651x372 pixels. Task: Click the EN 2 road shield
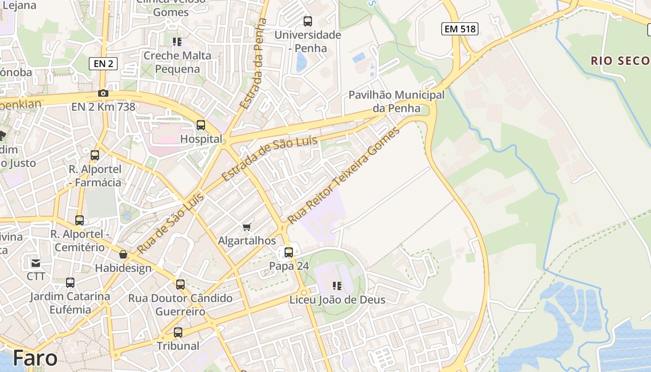tap(103, 64)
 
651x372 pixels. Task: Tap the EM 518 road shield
tap(459, 29)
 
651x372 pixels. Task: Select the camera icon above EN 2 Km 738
tap(103, 93)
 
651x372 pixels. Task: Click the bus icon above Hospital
tap(201, 125)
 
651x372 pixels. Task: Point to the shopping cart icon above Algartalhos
tap(247, 227)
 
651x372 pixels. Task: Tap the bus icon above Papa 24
tap(289, 252)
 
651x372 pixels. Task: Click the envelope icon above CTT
tap(36, 263)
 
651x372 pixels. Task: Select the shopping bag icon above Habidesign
tap(123, 254)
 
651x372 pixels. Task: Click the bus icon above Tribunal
tap(178, 332)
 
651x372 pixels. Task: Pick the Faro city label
tap(35, 358)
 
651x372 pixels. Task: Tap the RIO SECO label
tap(620, 60)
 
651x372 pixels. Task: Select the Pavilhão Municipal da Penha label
tap(396, 102)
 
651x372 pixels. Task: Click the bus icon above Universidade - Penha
tap(308, 21)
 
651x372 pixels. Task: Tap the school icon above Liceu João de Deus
tap(337, 286)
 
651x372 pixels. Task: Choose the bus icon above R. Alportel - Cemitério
tap(80, 220)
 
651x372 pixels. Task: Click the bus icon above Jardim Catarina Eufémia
tap(70, 283)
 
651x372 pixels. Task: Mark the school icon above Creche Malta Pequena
tap(177, 42)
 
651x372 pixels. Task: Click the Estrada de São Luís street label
tap(269, 159)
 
